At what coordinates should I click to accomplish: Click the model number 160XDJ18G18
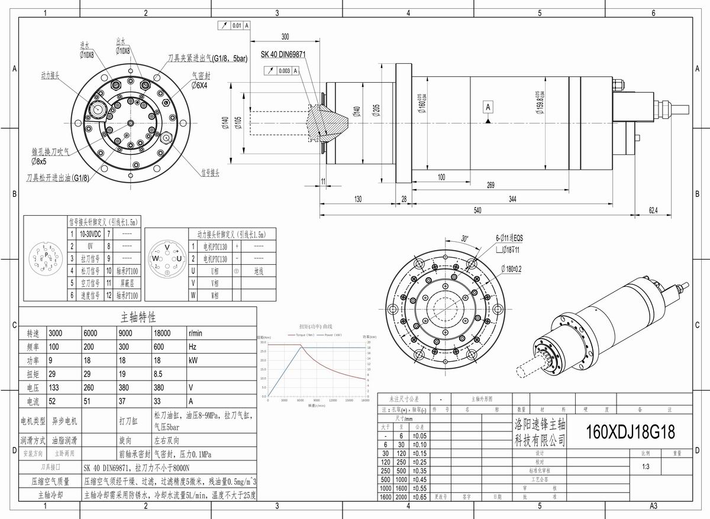point(630,432)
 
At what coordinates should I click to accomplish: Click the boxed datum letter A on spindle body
point(488,107)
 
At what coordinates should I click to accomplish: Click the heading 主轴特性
point(138,317)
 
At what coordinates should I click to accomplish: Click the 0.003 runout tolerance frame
point(282,70)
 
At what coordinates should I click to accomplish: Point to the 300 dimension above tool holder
point(285,37)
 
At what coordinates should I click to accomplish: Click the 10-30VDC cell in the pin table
point(91,235)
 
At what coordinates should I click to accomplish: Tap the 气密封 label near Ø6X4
point(201,76)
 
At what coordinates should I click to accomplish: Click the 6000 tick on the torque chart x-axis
point(300,400)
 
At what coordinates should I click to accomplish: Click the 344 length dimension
point(512,199)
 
